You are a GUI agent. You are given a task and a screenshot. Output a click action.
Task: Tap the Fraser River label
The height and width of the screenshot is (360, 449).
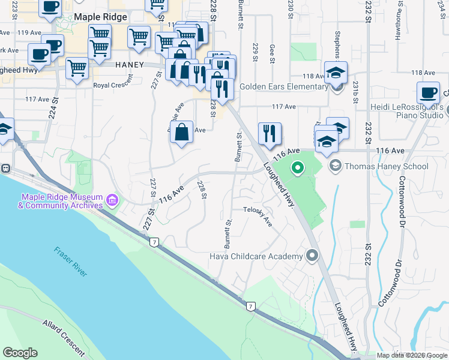click(71, 262)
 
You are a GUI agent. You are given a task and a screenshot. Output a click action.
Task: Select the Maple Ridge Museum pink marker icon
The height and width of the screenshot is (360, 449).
click(111, 199)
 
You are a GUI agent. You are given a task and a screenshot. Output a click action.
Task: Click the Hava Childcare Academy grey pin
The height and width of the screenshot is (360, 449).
click(312, 257)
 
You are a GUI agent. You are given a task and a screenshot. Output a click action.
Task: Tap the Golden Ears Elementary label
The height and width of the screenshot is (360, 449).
click(283, 86)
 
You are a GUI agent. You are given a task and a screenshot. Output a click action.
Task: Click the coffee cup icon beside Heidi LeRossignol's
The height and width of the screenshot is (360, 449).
click(429, 92)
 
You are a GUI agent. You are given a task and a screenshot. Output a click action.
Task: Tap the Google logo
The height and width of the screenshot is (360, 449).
click(20, 353)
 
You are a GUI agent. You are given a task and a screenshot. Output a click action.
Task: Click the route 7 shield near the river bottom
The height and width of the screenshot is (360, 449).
click(250, 306)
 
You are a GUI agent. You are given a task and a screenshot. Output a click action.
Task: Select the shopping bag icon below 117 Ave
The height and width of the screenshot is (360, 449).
click(181, 131)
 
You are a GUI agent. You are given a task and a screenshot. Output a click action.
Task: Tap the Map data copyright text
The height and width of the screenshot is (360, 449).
click(411, 355)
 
